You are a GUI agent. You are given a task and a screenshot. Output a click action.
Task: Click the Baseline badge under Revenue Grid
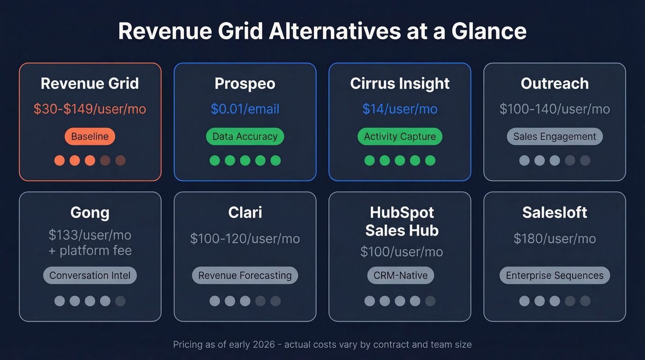tap(90, 136)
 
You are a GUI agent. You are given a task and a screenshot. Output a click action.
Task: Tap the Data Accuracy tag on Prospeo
tap(245, 136)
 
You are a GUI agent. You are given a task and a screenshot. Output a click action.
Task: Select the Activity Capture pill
tap(399, 136)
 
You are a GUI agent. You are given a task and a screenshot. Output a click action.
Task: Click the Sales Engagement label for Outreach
tap(554, 136)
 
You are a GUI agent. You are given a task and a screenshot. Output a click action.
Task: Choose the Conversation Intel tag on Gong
tap(90, 276)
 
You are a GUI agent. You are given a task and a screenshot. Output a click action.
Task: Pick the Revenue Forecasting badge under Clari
tap(245, 276)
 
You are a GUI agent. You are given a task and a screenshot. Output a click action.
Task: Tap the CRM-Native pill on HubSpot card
tap(400, 276)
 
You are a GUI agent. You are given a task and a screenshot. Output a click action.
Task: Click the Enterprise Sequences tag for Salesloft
tap(554, 276)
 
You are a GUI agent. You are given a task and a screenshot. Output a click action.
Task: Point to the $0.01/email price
tap(245, 109)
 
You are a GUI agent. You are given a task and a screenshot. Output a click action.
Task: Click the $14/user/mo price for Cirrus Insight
tap(399, 109)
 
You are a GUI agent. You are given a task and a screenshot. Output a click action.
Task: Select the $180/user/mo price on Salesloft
tap(554, 239)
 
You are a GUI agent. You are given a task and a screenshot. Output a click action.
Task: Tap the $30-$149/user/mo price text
tap(90, 109)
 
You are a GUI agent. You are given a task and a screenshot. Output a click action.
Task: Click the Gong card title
tap(90, 212)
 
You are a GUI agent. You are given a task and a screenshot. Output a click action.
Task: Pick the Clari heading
tap(245, 212)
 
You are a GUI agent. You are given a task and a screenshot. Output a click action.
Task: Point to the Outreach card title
tap(554, 83)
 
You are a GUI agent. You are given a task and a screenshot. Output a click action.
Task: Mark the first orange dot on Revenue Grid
tap(59, 160)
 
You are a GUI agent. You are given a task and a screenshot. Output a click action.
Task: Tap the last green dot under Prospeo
tap(276, 160)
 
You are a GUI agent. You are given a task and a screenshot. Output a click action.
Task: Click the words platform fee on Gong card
tap(96, 251)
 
